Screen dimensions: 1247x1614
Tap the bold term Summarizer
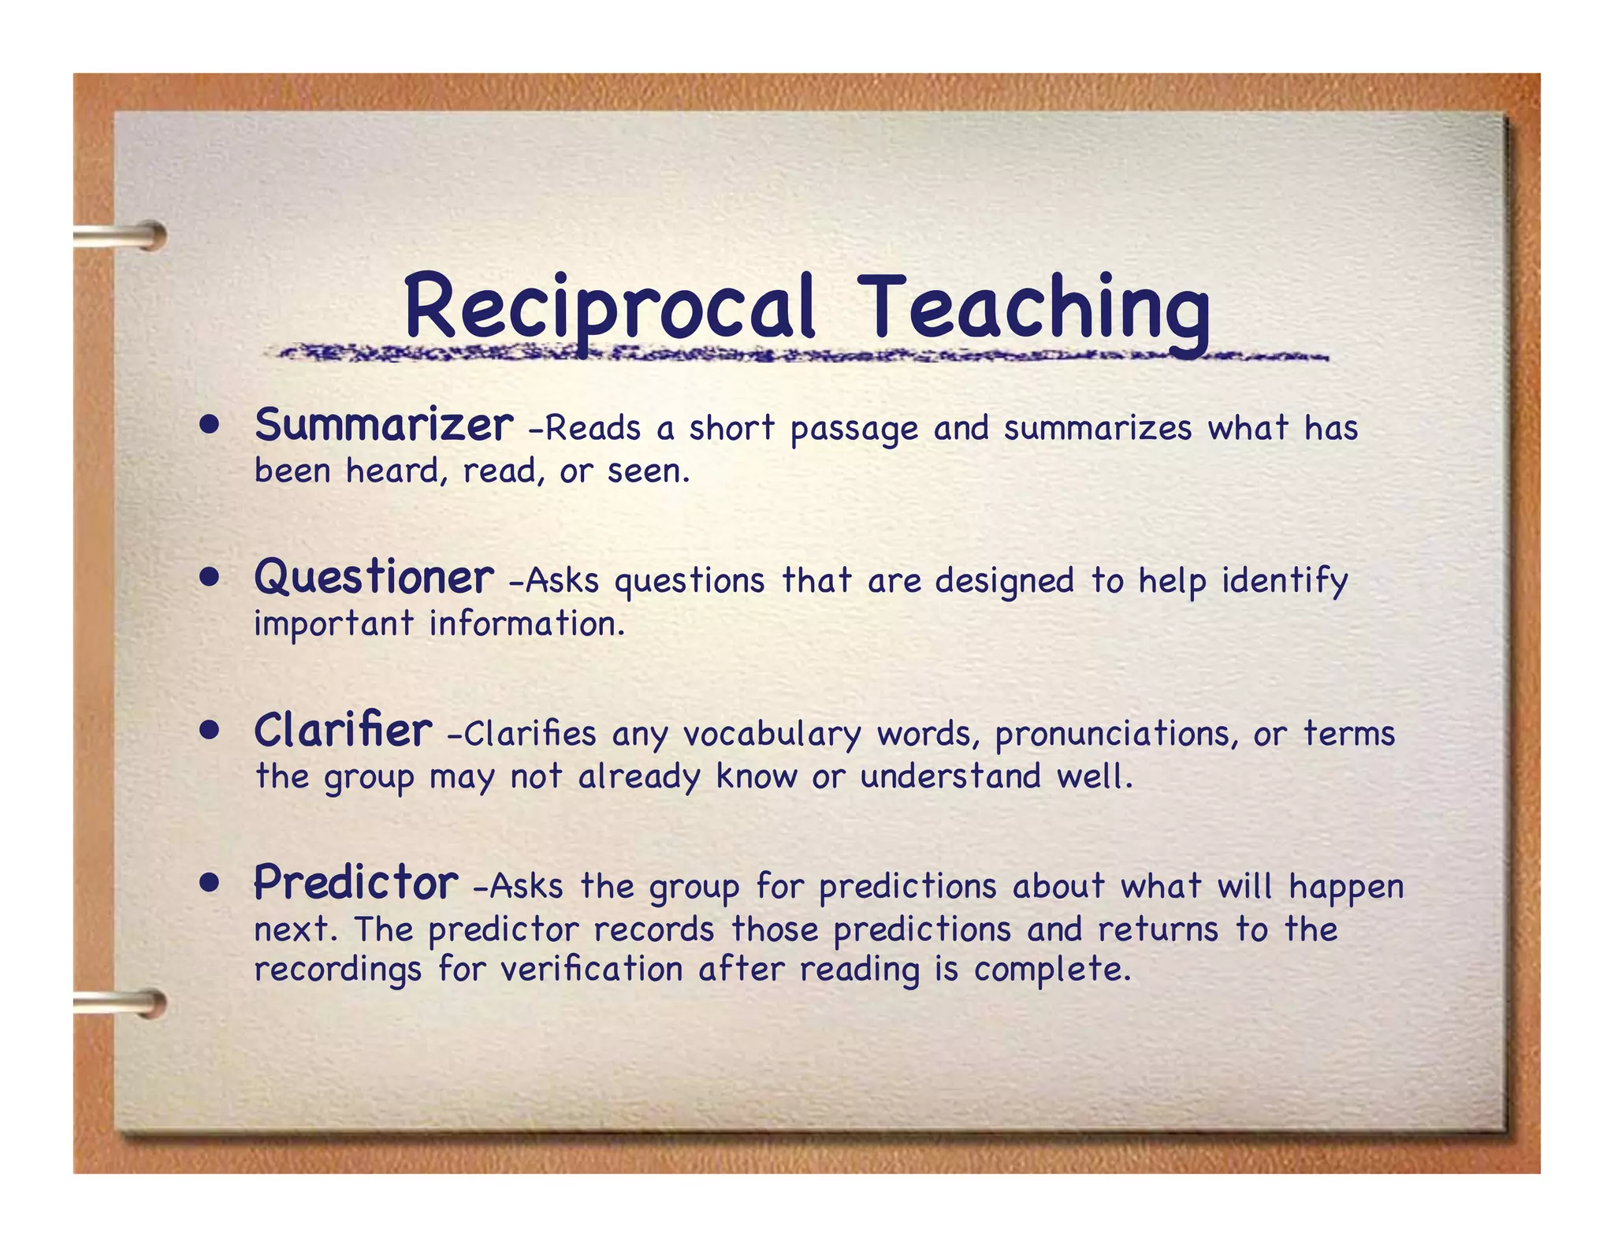384,426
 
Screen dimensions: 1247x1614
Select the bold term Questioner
374,578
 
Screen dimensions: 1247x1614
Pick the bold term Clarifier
343,731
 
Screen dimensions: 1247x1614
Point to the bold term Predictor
355,883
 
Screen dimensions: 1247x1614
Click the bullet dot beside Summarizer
209,426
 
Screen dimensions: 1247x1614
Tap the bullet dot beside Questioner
209,579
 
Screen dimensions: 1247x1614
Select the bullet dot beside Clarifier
209,731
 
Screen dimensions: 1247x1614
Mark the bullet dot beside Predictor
209,883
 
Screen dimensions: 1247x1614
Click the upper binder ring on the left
126,236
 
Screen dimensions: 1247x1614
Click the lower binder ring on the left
126,1003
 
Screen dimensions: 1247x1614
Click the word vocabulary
772,735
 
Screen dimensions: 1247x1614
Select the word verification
592,969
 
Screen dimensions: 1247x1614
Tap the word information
526,624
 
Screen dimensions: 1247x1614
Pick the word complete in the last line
1052,970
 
